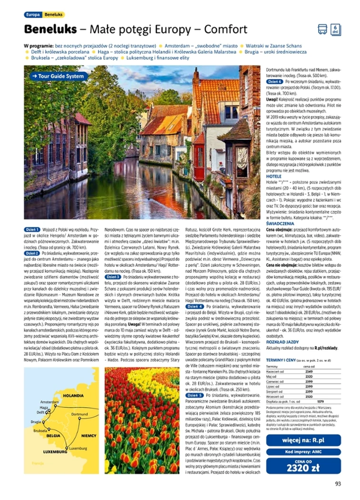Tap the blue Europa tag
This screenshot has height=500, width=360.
(33, 15)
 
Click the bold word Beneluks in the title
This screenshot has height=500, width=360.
(50, 29)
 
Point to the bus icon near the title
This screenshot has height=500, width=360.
(322, 29)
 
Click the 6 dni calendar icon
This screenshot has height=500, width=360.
(335, 29)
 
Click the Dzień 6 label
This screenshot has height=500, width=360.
(275, 81)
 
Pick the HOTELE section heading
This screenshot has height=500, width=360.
(274, 176)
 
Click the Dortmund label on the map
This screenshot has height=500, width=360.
(80, 414)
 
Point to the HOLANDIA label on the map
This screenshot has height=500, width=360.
(73, 395)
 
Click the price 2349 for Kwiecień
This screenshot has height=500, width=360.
(309, 372)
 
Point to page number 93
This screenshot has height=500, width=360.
(338, 484)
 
